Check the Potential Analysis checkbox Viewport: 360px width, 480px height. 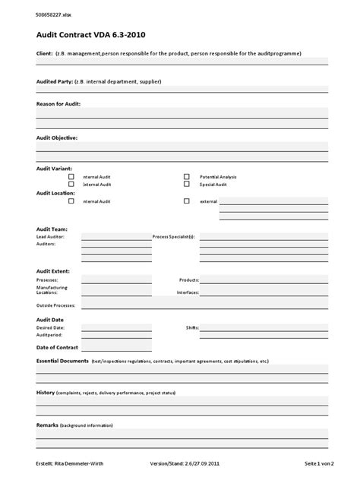[186, 176]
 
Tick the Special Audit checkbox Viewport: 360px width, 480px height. [186, 184]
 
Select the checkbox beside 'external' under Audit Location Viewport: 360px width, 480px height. [186, 201]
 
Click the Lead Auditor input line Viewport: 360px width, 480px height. [116, 236]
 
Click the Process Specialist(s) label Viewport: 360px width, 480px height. [174, 237]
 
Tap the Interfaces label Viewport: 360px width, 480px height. [188, 292]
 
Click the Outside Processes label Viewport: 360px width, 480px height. [56, 305]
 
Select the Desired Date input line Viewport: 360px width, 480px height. [116, 327]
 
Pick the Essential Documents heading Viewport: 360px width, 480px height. [62, 361]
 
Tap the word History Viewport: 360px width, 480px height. [46, 392]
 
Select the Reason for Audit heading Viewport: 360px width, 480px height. [58, 103]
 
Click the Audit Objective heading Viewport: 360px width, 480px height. [57, 137]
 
